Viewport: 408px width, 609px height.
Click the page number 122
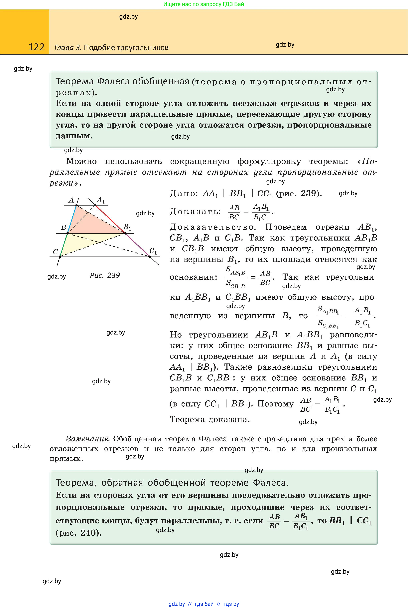click(x=36, y=47)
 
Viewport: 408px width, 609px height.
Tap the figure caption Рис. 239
click(x=105, y=275)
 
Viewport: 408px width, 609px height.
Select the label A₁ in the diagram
click(x=101, y=200)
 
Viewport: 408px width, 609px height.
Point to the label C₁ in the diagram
click(x=153, y=251)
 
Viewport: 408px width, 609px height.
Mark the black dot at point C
click(x=60, y=257)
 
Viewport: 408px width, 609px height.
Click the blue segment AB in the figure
click(x=72, y=219)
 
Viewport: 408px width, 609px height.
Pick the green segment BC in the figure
click(x=64, y=245)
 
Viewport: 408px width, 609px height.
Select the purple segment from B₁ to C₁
click(x=137, y=245)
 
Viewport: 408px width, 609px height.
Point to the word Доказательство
click(x=212, y=227)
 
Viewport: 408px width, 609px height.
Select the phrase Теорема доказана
click(x=210, y=419)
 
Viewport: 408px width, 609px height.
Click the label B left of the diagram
click(x=64, y=227)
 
